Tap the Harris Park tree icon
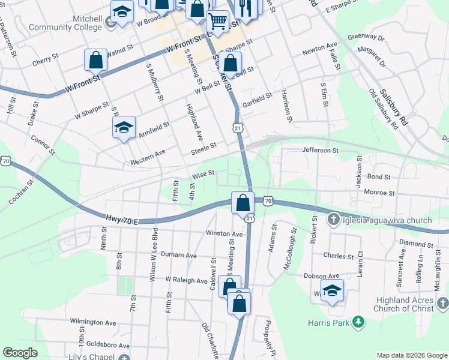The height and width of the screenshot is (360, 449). (359, 323)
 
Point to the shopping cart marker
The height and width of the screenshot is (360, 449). (217, 22)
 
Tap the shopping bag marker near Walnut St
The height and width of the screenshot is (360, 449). (96, 60)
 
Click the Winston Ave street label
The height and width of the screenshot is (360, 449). (223, 233)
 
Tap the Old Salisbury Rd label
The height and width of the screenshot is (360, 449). (384, 110)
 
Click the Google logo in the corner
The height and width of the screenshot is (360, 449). (20, 353)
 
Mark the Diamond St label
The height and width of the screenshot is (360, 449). (415, 245)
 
